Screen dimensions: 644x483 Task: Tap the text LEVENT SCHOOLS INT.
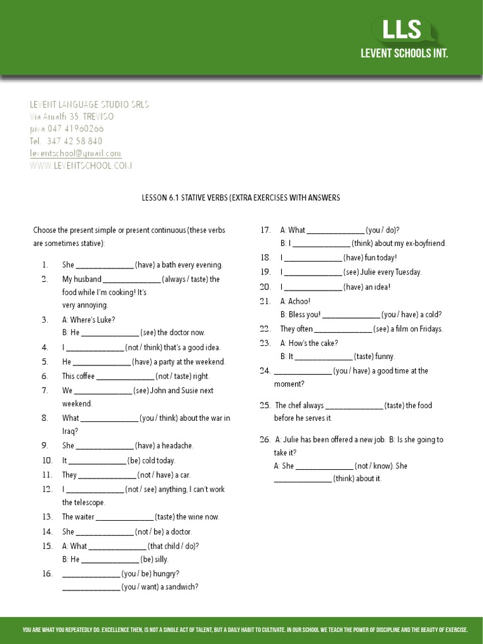[404, 54]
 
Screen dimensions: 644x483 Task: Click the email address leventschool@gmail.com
[75, 153]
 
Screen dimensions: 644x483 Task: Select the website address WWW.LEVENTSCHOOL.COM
[81, 165]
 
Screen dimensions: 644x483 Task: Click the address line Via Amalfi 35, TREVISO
[72, 117]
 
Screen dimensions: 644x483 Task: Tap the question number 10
[45, 460]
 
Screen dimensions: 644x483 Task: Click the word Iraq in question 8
[69, 431]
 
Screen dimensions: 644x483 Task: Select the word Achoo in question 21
[300, 301]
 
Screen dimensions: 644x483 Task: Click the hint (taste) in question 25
[394, 406]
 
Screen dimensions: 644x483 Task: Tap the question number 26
[264, 440]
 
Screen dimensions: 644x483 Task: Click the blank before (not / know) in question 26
[324, 466]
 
